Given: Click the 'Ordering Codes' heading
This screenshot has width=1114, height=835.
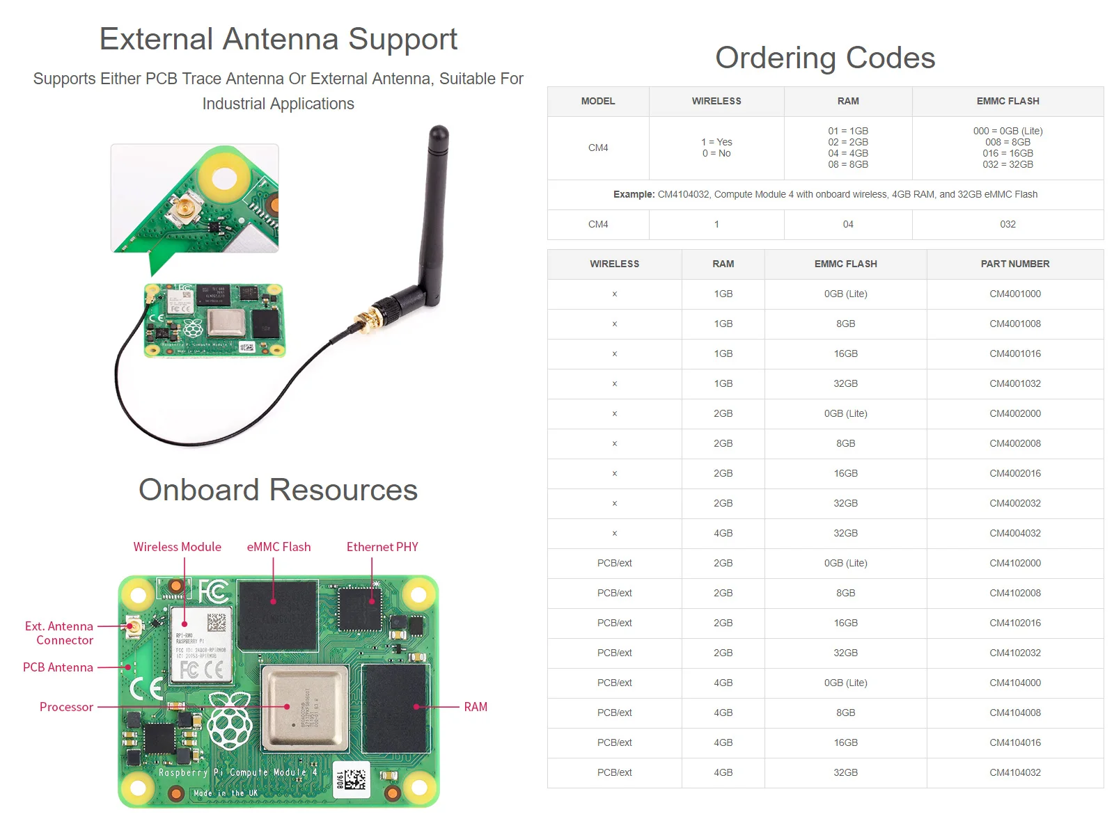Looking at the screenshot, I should (x=825, y=58).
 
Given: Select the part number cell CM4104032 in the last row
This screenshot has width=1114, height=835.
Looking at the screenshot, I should (x=1014, y=772).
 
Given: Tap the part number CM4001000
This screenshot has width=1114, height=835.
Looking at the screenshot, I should (x=1014, y=294).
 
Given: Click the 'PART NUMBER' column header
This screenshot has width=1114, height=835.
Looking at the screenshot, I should (x=1014, y=264).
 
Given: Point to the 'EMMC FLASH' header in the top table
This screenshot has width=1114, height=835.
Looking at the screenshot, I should (x=1007, y=101).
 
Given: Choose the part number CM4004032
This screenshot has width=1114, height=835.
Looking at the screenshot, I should (x=1014, y=533).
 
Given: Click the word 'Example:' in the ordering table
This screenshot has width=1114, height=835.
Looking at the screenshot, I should (x=634, y=194).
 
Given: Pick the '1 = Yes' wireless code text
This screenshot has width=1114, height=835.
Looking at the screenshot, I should (x=716, y=142).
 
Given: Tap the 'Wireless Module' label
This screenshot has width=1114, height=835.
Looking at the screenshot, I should (x=177, y=547).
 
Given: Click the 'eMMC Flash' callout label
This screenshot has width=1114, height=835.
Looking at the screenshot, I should (x=278, y=547).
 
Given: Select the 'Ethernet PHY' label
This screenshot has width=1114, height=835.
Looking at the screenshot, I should (x=382, y=547).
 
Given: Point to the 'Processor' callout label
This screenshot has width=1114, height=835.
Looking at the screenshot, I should (x=66, y=707).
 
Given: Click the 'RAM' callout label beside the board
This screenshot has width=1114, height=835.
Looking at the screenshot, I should (x=476, y=707).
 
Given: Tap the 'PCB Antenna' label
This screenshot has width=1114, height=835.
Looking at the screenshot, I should (x=58, y=667).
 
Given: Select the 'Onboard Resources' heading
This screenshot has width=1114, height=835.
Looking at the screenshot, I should (x=278, y=490).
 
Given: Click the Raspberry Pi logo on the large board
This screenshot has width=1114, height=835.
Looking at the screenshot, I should (x=229, y=721).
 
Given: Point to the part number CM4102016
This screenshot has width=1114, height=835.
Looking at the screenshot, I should (x=1014, y=623).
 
